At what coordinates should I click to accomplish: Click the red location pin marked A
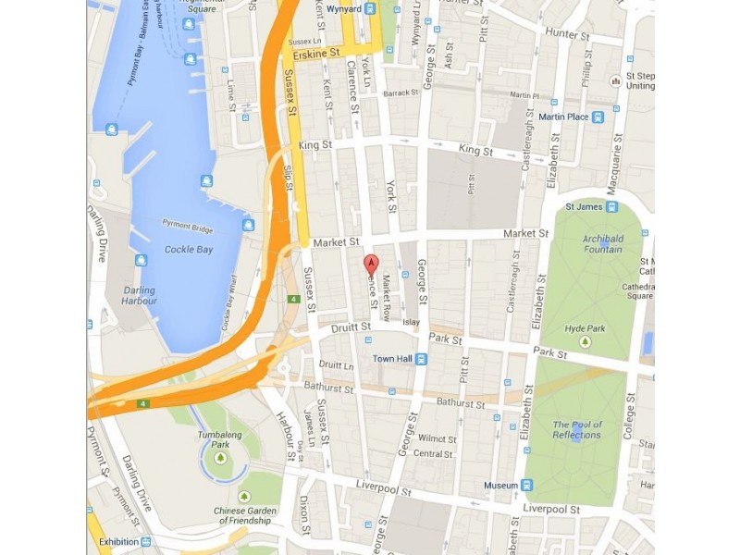tap(370, 264)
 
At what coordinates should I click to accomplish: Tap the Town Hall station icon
tap(421, 359)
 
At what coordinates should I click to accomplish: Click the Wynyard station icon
tap(370, 9)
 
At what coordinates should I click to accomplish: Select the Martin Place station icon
tap(598, 117)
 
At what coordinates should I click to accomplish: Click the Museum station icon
tap(526, 485)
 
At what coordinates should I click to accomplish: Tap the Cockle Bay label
tap(191, 250)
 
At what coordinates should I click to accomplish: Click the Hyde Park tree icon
tap(585, 342)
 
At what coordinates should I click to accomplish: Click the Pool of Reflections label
tap(577, 429)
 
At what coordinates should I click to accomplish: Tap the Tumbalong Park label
tap(220, 438)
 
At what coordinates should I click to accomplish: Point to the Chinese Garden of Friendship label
tap(243, 515)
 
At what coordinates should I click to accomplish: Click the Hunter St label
tap(566, 34)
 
